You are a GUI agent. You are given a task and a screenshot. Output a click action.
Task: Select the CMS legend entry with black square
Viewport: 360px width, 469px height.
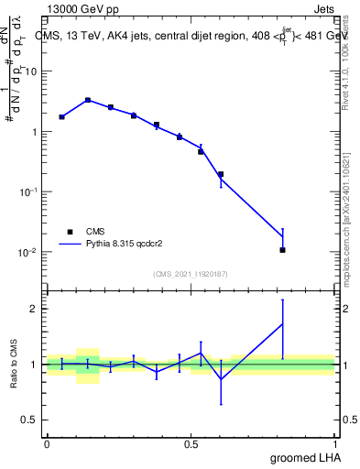click(69, 232)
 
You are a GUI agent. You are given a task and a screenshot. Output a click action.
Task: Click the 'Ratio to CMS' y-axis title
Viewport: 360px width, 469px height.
click(14, 364)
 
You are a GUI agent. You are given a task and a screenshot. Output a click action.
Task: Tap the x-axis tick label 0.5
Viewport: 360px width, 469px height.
click(191, 444)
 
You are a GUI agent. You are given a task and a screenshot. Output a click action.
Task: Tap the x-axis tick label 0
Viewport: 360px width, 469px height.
click(47, 444)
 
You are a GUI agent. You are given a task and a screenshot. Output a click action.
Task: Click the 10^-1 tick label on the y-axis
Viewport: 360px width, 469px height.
click(30, 191)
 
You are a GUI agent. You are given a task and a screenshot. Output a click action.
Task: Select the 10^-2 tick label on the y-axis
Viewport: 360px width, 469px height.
click(30, 252)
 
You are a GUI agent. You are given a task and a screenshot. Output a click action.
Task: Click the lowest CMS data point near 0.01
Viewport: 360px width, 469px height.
click(282, 250)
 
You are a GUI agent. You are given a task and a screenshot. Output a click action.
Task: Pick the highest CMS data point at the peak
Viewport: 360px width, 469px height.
click(88, 100)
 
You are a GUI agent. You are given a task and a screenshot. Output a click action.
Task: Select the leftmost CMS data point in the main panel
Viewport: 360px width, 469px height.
click(61, 117)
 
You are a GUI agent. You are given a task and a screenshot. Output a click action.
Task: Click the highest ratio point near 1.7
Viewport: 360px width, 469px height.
click(282, 324)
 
